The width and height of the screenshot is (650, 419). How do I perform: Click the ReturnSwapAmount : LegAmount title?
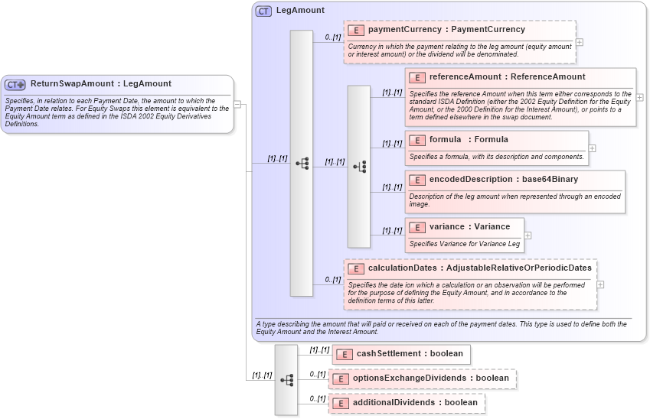(x=100, y=84)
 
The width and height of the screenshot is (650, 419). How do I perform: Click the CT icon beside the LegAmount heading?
(x=263, y=11)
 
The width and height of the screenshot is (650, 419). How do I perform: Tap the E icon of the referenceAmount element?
(x=417, y=77)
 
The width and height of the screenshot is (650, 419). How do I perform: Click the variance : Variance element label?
(x=469, y=227)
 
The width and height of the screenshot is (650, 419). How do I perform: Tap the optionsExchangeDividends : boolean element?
(x=430, y=378)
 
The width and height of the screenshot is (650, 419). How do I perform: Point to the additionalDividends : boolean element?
(x=414, y=403)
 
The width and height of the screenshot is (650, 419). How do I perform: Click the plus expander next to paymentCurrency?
(x=580, y=43)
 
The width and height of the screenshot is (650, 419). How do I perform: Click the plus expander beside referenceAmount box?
(x=639, y=98)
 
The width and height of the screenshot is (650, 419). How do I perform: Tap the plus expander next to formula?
(x=592, y=148)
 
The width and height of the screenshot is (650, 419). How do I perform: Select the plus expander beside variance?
(x=528, y=235)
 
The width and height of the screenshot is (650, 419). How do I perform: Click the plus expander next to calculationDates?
(x=600, y=284)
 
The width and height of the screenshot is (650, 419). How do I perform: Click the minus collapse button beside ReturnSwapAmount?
(x=238, y=105)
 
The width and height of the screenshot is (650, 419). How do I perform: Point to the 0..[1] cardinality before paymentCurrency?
(x=332, y=37)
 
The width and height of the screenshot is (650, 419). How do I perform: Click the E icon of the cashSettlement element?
(x=345, y=354)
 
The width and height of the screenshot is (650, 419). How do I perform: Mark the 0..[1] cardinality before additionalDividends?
(x=317, y=398)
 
